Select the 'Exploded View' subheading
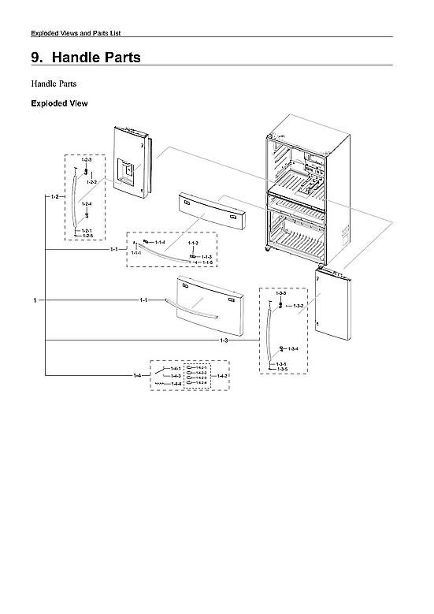coord(58,103)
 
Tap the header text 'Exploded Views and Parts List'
coord(75,32)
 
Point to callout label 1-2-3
coord(87,160)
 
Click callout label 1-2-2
coord(91,182)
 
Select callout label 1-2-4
coord(87,204)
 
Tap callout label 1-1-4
coord(160,242)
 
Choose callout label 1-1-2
coord(193,243)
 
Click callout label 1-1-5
coord(207,262)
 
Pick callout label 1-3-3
coord(280,293)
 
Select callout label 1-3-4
coord(292,348)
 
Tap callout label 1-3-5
coord(281,369)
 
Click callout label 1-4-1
coord(176,368)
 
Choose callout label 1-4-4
coord(176,383)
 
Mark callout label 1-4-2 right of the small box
coord(222,376)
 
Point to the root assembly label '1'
coord(35,300)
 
